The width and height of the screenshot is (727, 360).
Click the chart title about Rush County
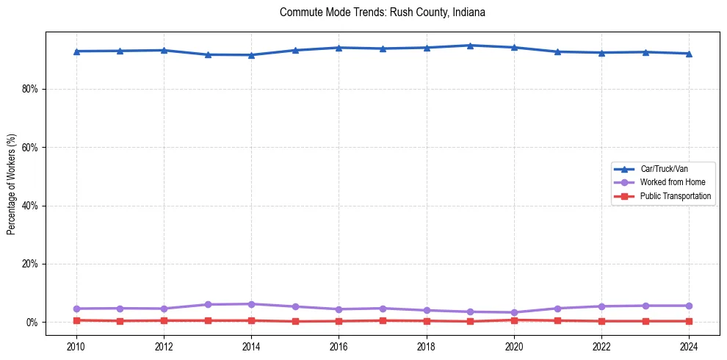coord(383,12)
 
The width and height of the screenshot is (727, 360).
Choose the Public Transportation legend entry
coord(675,196)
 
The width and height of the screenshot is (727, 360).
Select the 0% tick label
coord(32,323)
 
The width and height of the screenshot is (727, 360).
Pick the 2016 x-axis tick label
coord(339,346)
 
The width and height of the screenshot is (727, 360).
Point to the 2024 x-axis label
coord(689,346)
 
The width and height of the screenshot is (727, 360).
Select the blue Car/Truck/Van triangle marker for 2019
coord(470,46)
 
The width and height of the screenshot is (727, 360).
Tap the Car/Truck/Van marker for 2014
coord(251,55)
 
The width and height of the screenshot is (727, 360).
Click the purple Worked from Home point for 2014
coord(251,304)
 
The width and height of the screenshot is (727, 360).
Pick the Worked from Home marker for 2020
coord(514,312)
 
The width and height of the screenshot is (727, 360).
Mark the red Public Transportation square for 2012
coord(164,320)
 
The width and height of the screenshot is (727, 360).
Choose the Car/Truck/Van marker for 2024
coord(689,54)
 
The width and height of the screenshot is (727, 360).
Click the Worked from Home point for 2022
coord(601,306)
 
